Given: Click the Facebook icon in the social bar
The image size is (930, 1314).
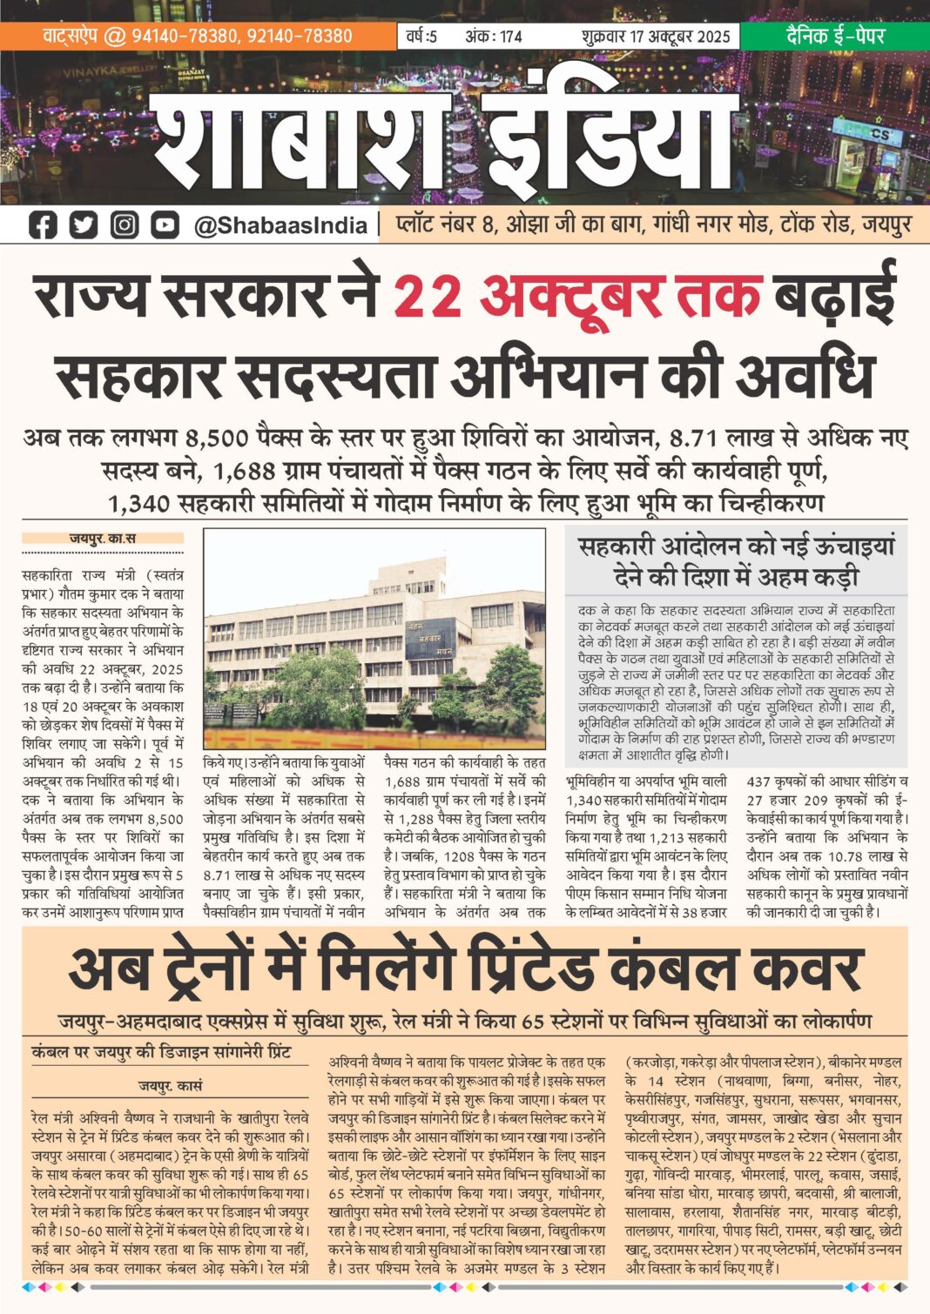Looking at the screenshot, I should click(x=42, y=225).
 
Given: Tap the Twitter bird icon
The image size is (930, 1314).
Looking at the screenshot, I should click(x=83, y=225).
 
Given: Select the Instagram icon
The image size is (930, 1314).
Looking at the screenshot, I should click(x=124, y=225).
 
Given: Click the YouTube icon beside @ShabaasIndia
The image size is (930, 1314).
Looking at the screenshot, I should click(x=165, y=225).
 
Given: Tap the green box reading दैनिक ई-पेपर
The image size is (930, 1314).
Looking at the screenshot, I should click(x=835, y=36).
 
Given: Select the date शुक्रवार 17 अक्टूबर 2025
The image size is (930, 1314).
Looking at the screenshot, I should click(x=656, y=37).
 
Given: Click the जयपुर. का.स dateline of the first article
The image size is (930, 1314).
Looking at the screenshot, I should click(x=103, y=539).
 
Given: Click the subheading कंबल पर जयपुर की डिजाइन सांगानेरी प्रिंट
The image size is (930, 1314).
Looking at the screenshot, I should click(x=161, y=1052).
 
